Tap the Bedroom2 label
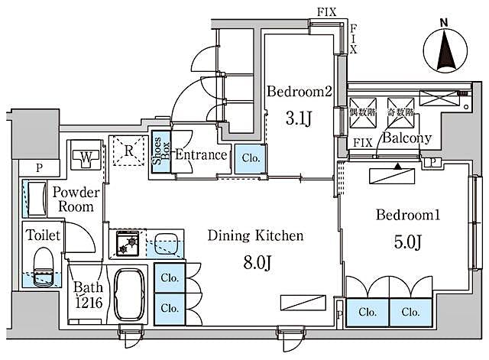(299, 92)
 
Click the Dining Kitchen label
(256, 236)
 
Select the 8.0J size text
(257, 263)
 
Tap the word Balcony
(407, 138)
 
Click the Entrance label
(201, 155)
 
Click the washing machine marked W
(86, 157)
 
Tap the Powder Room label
(73, 199)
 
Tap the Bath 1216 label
(86, 296)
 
